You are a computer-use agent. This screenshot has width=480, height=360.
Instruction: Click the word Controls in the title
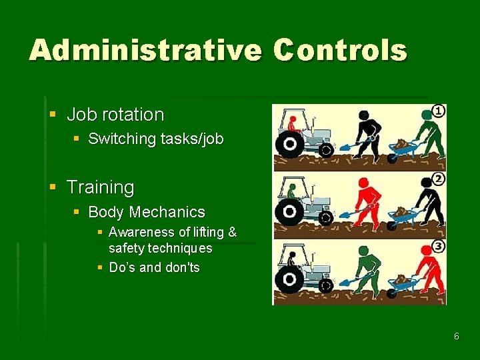(x=340, y=50)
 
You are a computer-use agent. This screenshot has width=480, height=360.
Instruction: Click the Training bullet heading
(x=100, y=187)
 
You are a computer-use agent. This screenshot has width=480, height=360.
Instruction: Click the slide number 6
(x=457, y=336)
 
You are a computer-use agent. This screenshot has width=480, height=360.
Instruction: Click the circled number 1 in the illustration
(x=438, y=111)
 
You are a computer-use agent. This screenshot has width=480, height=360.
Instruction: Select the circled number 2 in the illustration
(x=438, y=179)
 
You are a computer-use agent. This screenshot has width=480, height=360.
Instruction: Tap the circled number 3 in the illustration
(x=438, y=247)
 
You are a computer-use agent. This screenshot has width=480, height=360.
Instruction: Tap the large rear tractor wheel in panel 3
(x=290, y=279)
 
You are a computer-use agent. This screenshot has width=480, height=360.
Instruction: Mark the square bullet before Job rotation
(x=53, y=115)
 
